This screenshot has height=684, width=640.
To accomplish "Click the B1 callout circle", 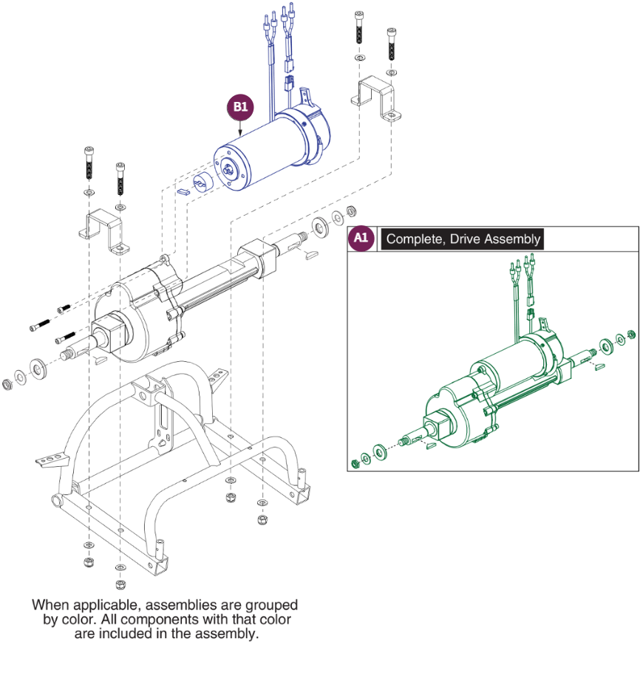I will click(x=240, y=107).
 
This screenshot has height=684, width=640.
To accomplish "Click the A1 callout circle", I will click(x=360, y=239).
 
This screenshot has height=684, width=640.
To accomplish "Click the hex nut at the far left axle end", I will click(x=8, y=383).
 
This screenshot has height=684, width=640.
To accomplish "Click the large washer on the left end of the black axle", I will click(x=35, y=367).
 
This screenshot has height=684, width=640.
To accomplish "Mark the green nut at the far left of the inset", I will click(x=354, y=463).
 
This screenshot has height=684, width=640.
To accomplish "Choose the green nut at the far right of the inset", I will click(x=631, y=334).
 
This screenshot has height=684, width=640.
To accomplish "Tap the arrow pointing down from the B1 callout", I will click(x=240, y=127).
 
